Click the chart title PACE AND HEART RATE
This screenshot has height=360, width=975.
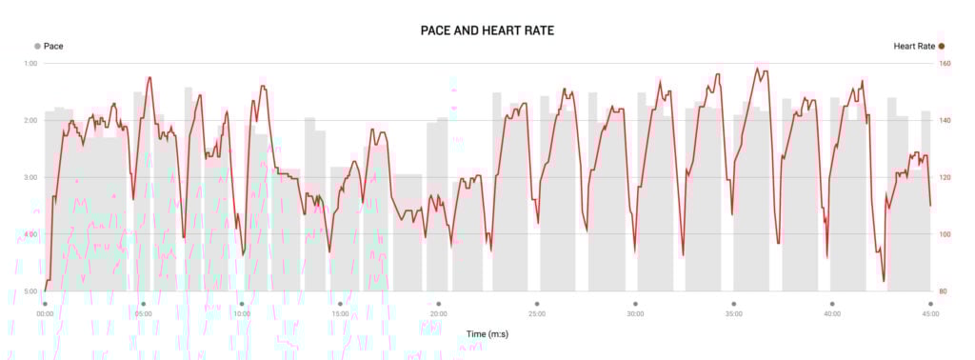(487, 30)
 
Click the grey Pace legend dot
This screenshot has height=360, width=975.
(37, 46)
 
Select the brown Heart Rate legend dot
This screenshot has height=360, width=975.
(942, 46)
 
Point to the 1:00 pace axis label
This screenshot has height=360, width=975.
(31, 64)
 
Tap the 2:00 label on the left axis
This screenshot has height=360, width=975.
(31, 121)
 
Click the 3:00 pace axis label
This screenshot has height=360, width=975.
(31, 178)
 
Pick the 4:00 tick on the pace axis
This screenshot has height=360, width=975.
(31, 234)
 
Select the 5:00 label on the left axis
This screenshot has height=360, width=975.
(31, 291)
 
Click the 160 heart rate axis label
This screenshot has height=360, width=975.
(945, 64)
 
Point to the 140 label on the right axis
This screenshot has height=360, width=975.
(945, 121)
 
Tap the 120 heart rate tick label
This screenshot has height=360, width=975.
(945, 178)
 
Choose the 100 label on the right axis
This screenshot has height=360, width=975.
(945, 234)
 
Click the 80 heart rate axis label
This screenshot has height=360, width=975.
(944, 291)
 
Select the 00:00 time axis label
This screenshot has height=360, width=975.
(45, 313)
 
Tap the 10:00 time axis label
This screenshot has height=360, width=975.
(242, 313)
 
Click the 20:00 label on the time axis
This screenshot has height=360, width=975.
(438, 313)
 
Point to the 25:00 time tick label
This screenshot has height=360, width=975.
(537, 313)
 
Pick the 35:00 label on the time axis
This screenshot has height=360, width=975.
(734, 313)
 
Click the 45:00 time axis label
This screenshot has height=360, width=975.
(930, 313)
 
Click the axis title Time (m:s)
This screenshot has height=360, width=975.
(487, 333)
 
